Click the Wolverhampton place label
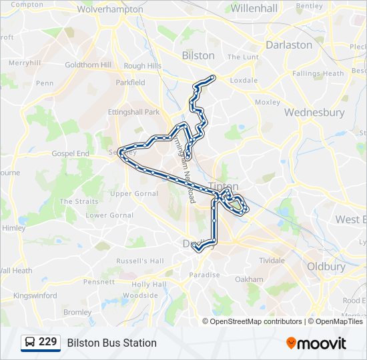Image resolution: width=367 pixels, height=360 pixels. (x=110, y=9)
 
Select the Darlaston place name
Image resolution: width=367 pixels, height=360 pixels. (x=289, y=45)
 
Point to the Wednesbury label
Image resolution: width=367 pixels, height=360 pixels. (x=314, y=112)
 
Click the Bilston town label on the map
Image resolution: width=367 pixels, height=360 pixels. (x=198, y=55)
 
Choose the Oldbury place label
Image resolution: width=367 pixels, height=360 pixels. (x=326, y=267)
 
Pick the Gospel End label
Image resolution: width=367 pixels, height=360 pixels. (x=70, y=153)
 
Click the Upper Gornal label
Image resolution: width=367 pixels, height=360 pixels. (x=131, y=193)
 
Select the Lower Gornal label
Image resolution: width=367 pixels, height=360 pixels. (x=109, y=215)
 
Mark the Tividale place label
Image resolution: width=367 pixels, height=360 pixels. (x=272, y=260)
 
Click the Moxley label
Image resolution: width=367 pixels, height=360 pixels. (x=268, y=102)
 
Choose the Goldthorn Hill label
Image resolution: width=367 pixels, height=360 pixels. (x=87, y=65)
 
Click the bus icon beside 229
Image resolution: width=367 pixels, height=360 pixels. (x=29, y=343)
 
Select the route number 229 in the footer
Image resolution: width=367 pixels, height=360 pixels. (x=48, y=343)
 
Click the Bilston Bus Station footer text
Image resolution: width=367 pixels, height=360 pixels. (x=111, y=343)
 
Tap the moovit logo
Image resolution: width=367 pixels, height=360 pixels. (x=316, y=343)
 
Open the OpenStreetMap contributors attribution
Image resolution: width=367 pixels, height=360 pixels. (x=256, y=321)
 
